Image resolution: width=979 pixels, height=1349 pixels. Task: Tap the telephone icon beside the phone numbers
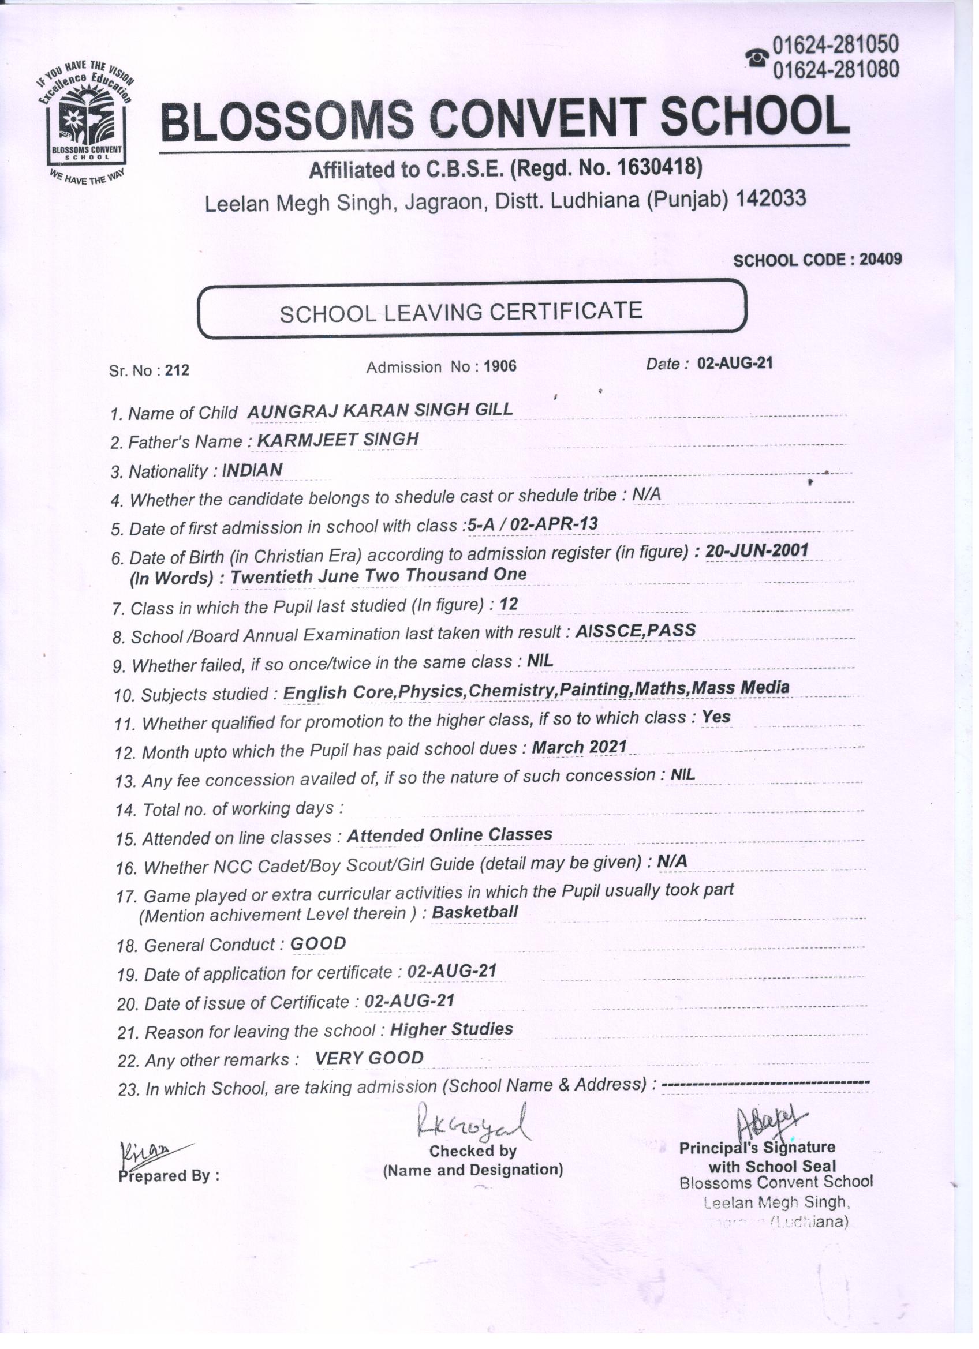click(757, 58)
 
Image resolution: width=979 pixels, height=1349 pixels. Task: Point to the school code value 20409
click(880, 259)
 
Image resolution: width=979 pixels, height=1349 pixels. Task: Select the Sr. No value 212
click(177, 370)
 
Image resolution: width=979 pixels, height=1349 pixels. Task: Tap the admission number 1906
click(500, 366)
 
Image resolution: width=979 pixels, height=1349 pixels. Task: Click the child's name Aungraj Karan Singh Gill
click(380, 410)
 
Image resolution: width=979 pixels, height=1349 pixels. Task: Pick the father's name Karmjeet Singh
click(338, 440)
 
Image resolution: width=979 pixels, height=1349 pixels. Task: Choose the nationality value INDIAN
click(252, 470)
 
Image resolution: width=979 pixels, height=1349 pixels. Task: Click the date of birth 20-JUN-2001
click(757, 551)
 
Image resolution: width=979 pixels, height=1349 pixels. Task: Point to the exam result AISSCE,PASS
click(636, 631)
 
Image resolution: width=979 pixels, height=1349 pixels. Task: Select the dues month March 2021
click(579, 747)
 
